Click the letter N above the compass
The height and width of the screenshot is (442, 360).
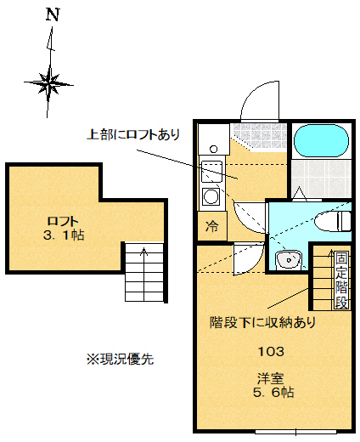tap(53, 14)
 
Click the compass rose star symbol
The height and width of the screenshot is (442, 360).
tap(52, 82)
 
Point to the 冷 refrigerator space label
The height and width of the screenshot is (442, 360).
tap(211, 227)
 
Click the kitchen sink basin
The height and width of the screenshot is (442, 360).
tap(211, 168)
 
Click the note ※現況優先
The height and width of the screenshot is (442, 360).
tap(119, 359)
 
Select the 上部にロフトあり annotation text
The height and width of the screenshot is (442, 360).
tap(134, 134)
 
